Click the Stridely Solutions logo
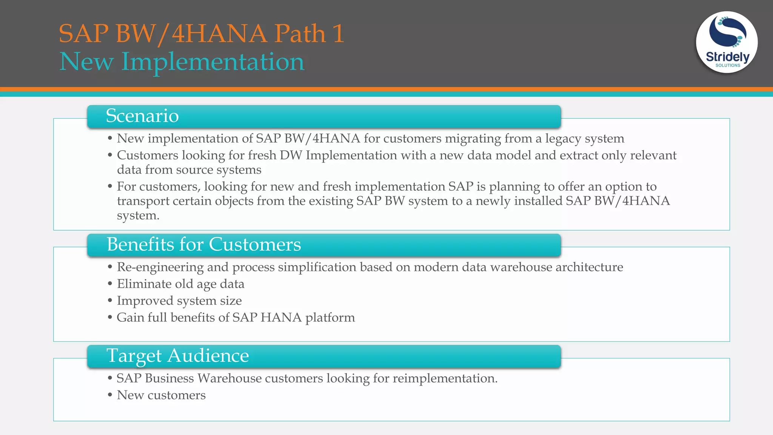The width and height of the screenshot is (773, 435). coord(727,42)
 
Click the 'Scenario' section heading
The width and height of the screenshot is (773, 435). coord(142,116)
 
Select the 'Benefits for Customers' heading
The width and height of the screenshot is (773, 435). coord(204,244)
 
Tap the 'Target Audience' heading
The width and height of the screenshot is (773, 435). coord(177,355)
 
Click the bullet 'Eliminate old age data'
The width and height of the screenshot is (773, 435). coord(180,284)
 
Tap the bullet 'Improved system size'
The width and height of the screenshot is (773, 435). coord(179,301)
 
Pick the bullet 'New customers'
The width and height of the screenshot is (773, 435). coord(161,395)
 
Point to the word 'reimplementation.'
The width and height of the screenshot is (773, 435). coord(445,378)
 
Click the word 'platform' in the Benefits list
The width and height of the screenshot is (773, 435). coord(330,318)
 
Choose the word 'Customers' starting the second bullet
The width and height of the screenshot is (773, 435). coord(148,155)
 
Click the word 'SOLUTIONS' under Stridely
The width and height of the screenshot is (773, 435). coord(728,65)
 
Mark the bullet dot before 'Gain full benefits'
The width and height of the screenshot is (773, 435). coord(110,317)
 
